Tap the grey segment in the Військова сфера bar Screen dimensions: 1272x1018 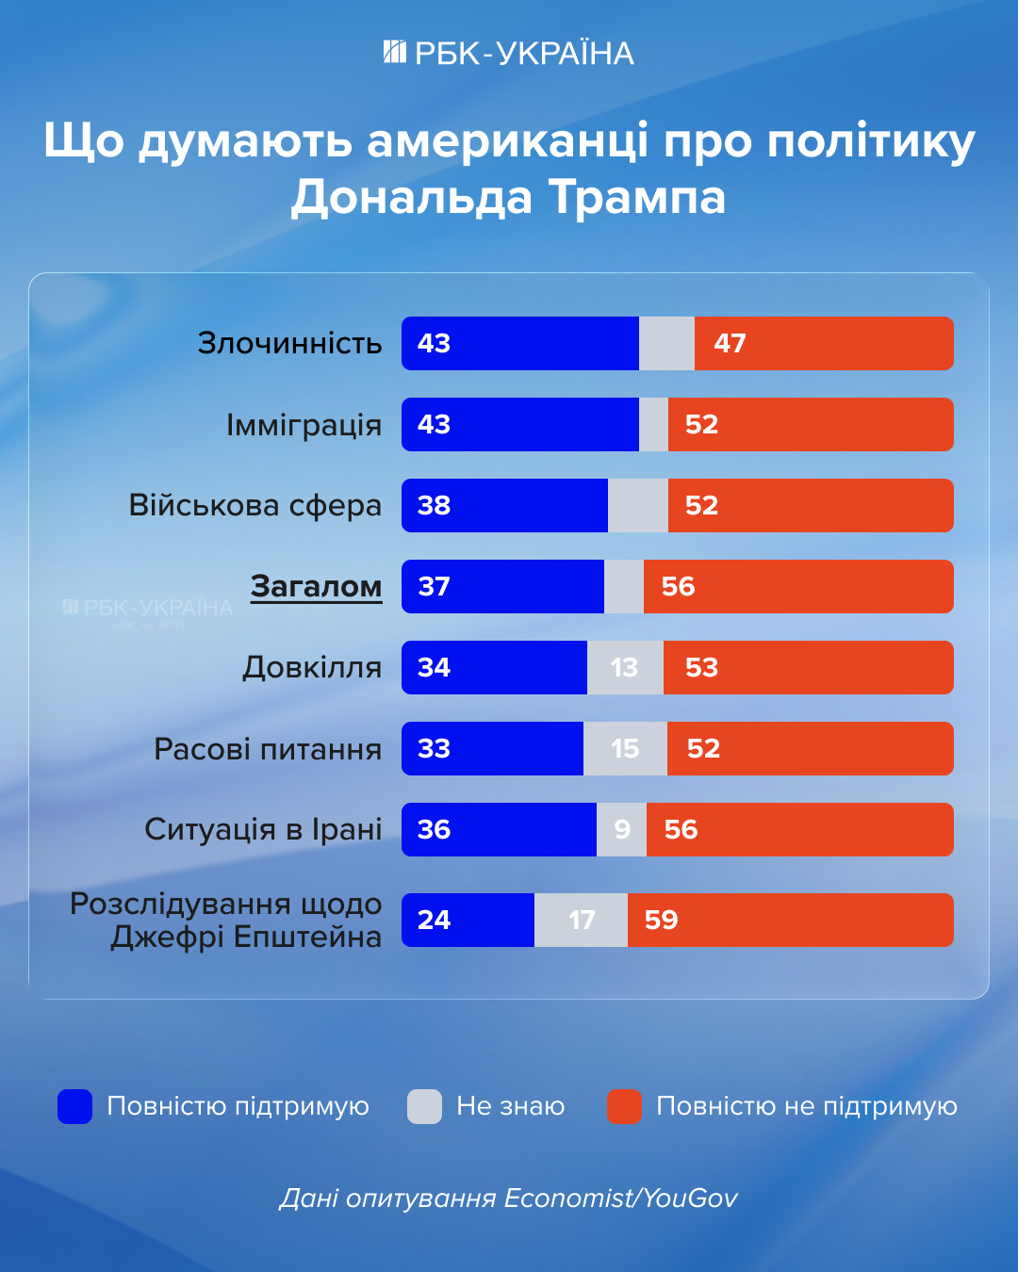tap(638, 506)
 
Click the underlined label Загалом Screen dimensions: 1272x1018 tap(316, 587)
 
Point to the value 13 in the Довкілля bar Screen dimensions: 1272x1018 tap(624, 668)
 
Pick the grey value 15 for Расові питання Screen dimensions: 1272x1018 tap(625, 749)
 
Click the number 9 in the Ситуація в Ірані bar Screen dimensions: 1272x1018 tap(622, 830)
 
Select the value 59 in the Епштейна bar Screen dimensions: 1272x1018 tap(661, 921)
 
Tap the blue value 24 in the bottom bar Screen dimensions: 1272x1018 tap(434, 921)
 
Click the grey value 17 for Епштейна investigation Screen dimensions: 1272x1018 tap(582, 921)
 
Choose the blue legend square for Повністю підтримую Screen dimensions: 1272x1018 tap(75, 1106)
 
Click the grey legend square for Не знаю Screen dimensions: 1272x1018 tap(424, 1106)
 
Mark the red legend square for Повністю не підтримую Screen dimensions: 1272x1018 tap(624, 1106)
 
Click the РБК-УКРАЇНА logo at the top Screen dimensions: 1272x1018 tap(509, 53)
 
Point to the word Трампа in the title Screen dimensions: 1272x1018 tap(637, 198)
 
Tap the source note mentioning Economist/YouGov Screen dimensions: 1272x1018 tap(509, 1199)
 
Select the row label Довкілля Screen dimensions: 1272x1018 tap(312, 668)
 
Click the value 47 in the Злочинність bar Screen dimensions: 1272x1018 tap(730, 344)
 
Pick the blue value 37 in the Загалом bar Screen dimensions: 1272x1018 tap(434, 587)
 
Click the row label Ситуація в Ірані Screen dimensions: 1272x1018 tap(263, 830)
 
